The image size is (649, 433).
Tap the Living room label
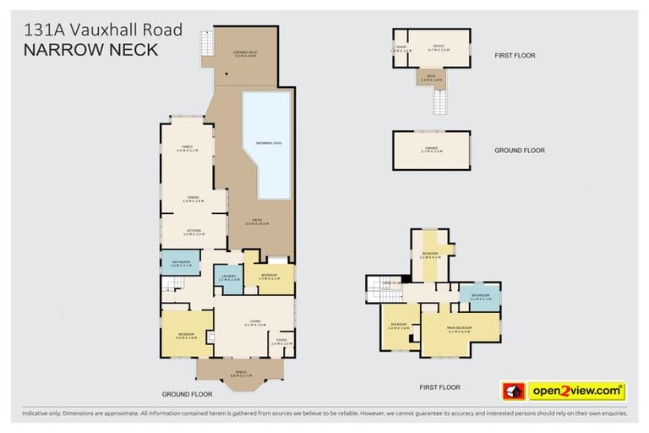254,322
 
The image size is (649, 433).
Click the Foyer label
281,342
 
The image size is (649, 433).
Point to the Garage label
431,150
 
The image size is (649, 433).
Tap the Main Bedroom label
458,327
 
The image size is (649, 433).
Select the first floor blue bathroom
479,297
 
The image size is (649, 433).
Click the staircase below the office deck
439,102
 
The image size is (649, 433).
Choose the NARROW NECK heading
90,50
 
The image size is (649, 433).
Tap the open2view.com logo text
576,392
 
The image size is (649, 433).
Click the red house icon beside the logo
514,392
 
